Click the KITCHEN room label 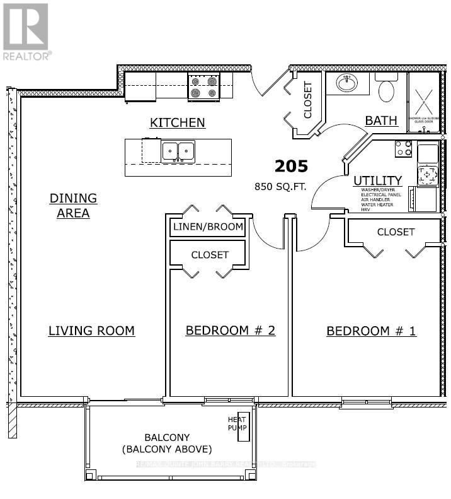pos(177,122)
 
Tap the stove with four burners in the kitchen pos(203,86)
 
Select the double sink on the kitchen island pos(178,151)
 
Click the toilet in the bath pos(386,90)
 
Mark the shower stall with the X pos(423,102)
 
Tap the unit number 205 pos(291,167)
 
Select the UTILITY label pos(377,181)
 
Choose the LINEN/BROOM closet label pos(207,227)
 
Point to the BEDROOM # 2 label pos(230,331)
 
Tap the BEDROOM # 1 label pos(371,331)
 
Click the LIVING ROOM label pos(91,331)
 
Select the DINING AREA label pos(73,206)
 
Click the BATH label pos(381,120)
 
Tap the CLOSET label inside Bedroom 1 pos(396,232)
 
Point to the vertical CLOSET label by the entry pos(308,100)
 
